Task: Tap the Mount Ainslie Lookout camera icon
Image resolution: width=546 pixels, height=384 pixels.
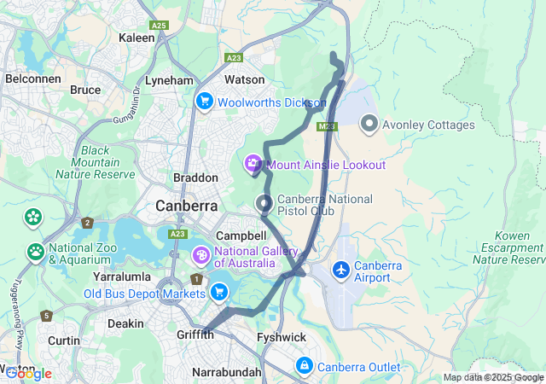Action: tap(253, 164)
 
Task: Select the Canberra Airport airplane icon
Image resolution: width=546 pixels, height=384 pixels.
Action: tap(341, 270)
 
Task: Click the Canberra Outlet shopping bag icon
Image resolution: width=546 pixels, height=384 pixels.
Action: tap(304, 366)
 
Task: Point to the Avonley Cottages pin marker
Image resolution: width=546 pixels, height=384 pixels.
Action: tap(369, 125)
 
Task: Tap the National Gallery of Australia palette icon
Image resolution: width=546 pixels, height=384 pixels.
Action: tap(200, 255)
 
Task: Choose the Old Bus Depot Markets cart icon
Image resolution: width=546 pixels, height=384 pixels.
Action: tap(220, 293)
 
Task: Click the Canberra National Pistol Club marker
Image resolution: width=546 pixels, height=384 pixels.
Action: tap(264, 204)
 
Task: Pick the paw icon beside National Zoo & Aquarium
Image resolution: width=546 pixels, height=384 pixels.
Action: tap(36, 252)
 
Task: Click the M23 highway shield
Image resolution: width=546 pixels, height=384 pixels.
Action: tap(327, 126)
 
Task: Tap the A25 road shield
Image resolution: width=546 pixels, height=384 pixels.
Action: tap(159, 26)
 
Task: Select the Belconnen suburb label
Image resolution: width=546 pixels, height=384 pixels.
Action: tap(31, 78)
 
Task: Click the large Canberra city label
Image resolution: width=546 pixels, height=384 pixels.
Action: tap(186, 206)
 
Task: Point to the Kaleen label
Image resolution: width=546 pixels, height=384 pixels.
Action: tap(136, 38)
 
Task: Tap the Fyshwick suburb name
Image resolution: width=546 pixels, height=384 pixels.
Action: tap(282, 337)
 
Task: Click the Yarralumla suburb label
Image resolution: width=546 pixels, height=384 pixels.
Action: tap(122, 276)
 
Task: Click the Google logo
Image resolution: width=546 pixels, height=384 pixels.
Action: tap(28, 373)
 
